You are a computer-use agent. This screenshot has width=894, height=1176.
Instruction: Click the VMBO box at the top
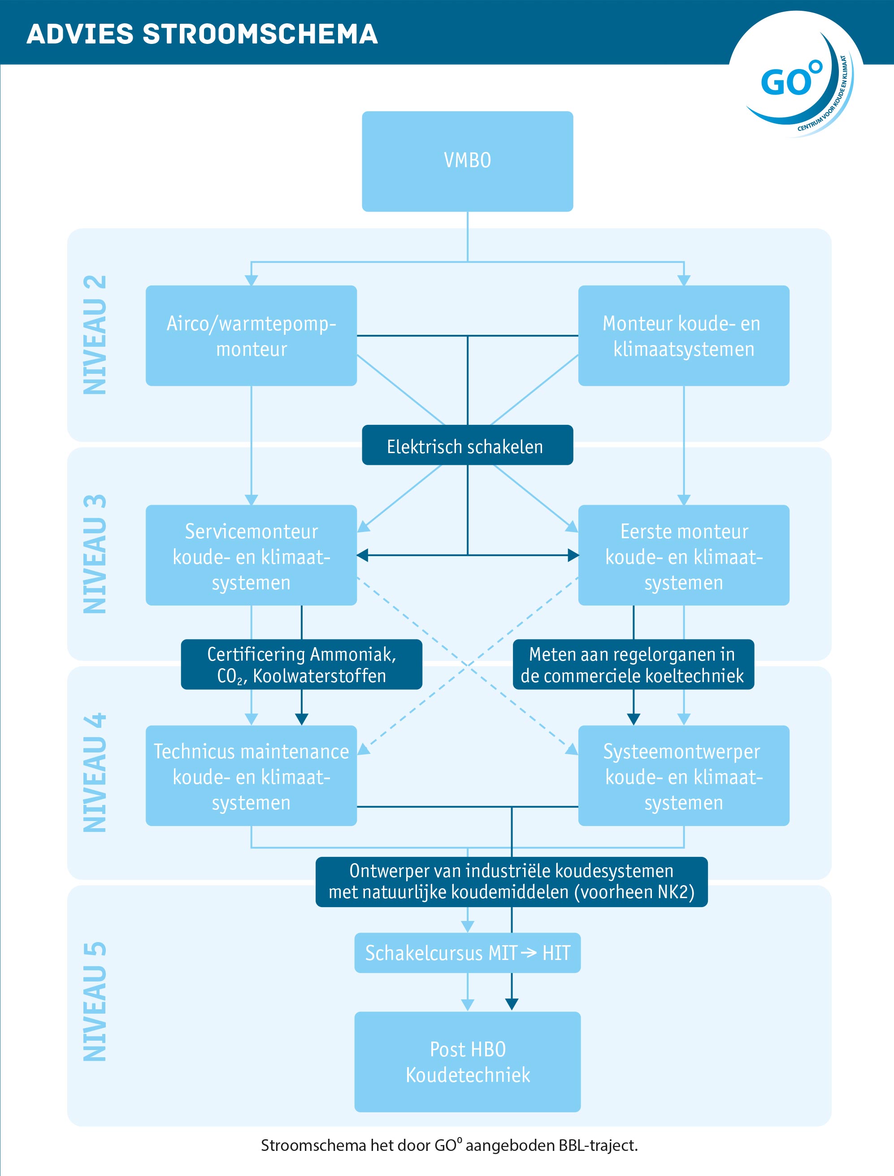(x=467, y=161)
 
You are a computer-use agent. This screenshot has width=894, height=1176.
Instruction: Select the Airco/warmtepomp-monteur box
(x=251, y=336)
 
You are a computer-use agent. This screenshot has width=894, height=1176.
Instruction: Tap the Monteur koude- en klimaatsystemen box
(x=683, y=336)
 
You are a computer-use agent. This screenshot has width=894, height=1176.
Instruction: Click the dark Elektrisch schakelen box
(x=467, y=445)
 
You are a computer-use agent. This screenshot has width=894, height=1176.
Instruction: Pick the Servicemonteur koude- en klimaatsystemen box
(x=251, y=555)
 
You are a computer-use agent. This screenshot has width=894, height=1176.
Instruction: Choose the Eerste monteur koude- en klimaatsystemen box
(x=683, y=555)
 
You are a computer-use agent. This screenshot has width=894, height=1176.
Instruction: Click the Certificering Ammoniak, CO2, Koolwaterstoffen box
(x=301, y=664)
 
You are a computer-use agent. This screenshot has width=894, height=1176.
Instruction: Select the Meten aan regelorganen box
(x=633, y=664)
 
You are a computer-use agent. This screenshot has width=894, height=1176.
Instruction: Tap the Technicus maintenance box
(x=251, y=775)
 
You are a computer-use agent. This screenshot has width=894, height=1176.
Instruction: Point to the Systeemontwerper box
(x=683, y=775)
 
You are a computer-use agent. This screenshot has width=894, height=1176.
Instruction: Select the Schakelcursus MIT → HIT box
(x=467, y=953)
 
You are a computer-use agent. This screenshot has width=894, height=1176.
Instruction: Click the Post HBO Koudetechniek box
(x=467, y=1062)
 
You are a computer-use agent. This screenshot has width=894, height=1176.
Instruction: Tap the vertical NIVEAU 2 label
(x=95, y=335)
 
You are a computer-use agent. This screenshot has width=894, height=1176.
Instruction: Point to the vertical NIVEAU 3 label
(x=95, y=554)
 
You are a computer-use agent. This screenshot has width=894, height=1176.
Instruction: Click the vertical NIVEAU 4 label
(x=95, y=773)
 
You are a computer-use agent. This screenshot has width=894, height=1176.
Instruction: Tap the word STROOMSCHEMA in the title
(x=260, y=34)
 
